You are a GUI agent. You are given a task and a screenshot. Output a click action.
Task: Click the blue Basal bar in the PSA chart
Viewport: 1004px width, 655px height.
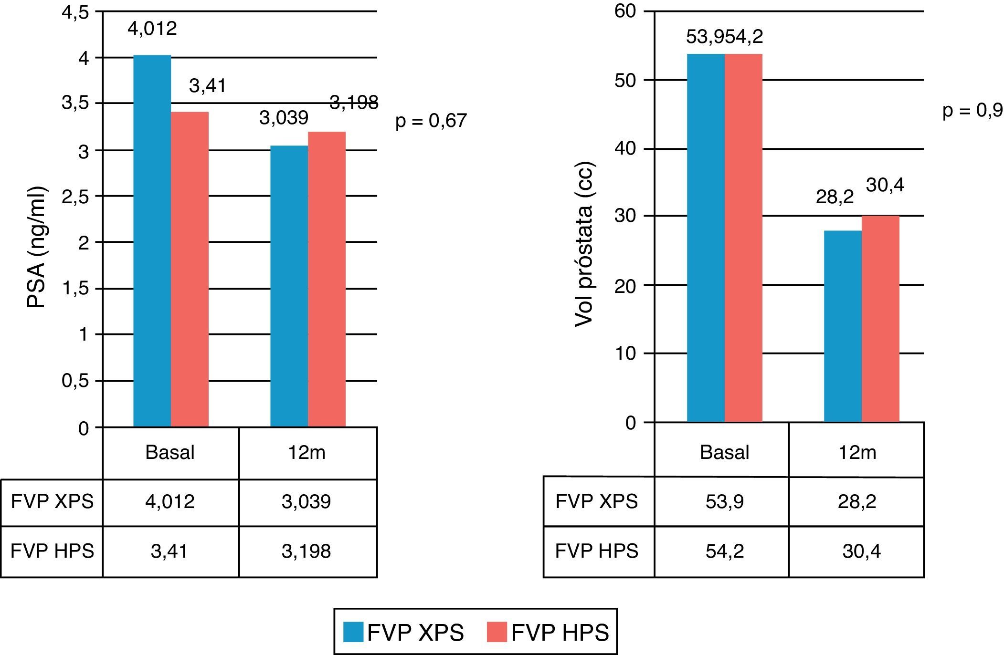pyautogui.click(x=152, y=241)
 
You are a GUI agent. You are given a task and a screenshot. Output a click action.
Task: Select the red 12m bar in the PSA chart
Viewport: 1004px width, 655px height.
pyautogui.click(x=327, y=279)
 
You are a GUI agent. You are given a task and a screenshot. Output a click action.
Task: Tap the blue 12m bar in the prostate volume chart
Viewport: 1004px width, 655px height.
pyautogui.click(x=843, y=326)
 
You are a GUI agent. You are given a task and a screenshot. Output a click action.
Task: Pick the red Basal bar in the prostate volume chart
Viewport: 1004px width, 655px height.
pyautogui.click(x=743, y=238)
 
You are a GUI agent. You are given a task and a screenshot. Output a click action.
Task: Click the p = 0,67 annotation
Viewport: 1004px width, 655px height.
pyautogui.click(x=431, y=121)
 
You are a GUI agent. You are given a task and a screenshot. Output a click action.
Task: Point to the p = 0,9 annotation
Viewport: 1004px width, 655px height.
pyautogui.click(x=972, y=111)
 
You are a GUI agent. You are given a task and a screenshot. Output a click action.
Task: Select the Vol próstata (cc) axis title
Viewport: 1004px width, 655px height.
pyautogui.click(x=583, y=245)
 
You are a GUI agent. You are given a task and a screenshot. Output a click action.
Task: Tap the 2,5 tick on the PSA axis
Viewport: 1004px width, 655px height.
pyautogui.click(x=75, y=197)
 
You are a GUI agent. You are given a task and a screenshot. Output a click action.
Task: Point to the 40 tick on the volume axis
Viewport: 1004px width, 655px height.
pyautogui.click(x=625, y=149)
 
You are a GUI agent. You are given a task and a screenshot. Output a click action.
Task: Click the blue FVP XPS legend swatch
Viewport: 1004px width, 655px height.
pyautogui.click(x=353, y=632)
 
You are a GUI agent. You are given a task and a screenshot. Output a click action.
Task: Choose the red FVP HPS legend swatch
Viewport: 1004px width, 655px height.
pyautogui.click(x=497, y=632)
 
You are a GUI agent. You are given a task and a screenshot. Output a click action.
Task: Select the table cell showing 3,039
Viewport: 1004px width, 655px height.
pyautogui.click(x=306, y=502)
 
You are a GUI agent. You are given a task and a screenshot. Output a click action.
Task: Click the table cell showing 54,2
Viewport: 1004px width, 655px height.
pyautogui.click(x=724, y=551)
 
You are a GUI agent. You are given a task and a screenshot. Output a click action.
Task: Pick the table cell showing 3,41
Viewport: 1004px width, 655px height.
pyautogui.click(x=169, y=551)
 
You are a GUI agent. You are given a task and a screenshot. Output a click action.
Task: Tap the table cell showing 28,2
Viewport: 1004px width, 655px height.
pyautogui.click(x=857, y=502)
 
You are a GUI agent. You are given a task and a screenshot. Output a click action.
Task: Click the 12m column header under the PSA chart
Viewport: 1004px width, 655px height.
pyautogui.click(x=306, y=452)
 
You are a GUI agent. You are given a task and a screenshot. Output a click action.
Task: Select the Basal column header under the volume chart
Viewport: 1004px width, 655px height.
pyautogui.click(x=724, y=452)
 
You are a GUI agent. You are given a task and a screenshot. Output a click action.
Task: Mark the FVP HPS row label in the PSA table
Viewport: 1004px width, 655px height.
pyautogui.click(x=52, y=551)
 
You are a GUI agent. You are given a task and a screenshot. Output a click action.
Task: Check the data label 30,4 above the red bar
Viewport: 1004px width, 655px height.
pyautogui.click(x=885, y=185)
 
